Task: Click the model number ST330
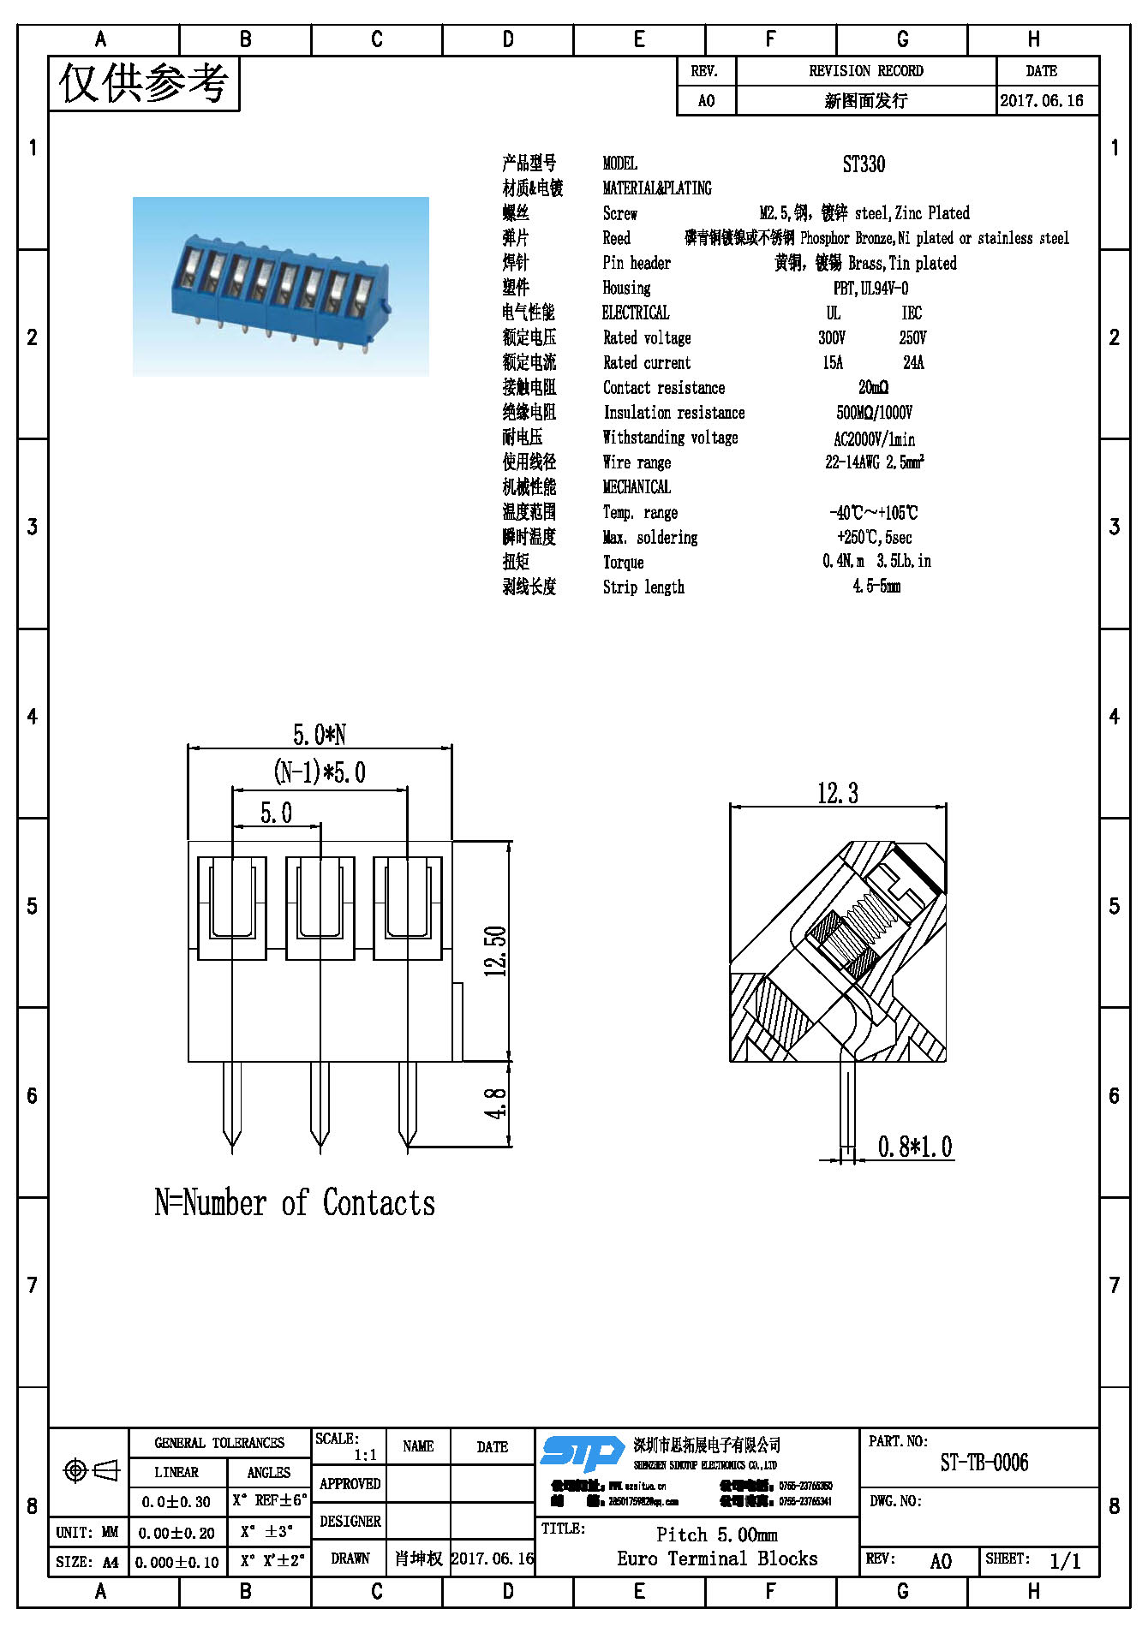point(864,164)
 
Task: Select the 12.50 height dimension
point(496,951)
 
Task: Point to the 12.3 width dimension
point(837,794)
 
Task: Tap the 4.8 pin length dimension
point(496,1104)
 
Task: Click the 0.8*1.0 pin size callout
point(915,1147)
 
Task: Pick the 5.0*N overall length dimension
point(320,735)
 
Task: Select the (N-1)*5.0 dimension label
point(320,772)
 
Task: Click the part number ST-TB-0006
point(984,1463)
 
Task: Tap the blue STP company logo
point(583,1454)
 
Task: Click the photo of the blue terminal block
point(281,287)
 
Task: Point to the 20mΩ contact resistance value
point(873,388)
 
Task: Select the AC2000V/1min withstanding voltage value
point(874,439)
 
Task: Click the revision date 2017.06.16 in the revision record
point(1042,101)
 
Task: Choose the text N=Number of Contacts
point(295,1203)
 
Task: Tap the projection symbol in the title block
point(91,1471)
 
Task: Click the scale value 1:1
point(365,1455)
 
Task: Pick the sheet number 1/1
point(1065,1561)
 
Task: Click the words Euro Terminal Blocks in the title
point(717,1559)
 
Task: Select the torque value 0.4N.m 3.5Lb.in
point(876,562)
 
